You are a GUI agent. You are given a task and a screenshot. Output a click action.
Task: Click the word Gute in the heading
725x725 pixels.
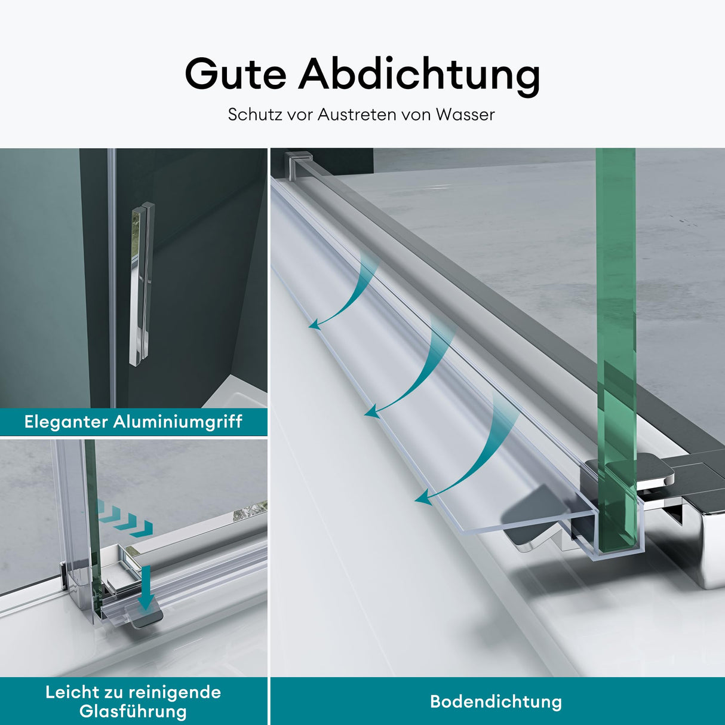pos(235,75)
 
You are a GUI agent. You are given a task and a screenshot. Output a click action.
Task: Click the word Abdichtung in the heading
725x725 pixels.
pos(419,75)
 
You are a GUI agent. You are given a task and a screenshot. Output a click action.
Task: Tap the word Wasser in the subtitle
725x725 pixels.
pos(465,115)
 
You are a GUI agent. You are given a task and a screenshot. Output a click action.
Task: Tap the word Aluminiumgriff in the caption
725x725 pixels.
pos(177,422)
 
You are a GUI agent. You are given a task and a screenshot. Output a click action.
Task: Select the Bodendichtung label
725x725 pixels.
pos(496,702)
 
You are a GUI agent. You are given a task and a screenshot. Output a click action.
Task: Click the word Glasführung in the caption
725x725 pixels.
pos(133,711)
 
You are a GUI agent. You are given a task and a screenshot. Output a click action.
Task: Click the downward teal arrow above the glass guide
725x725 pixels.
pos(146,588)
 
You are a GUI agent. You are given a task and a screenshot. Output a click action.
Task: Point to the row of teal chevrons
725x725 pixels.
pos(124,517)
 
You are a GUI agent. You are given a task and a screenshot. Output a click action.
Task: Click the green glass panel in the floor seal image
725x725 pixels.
pos(615,334)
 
